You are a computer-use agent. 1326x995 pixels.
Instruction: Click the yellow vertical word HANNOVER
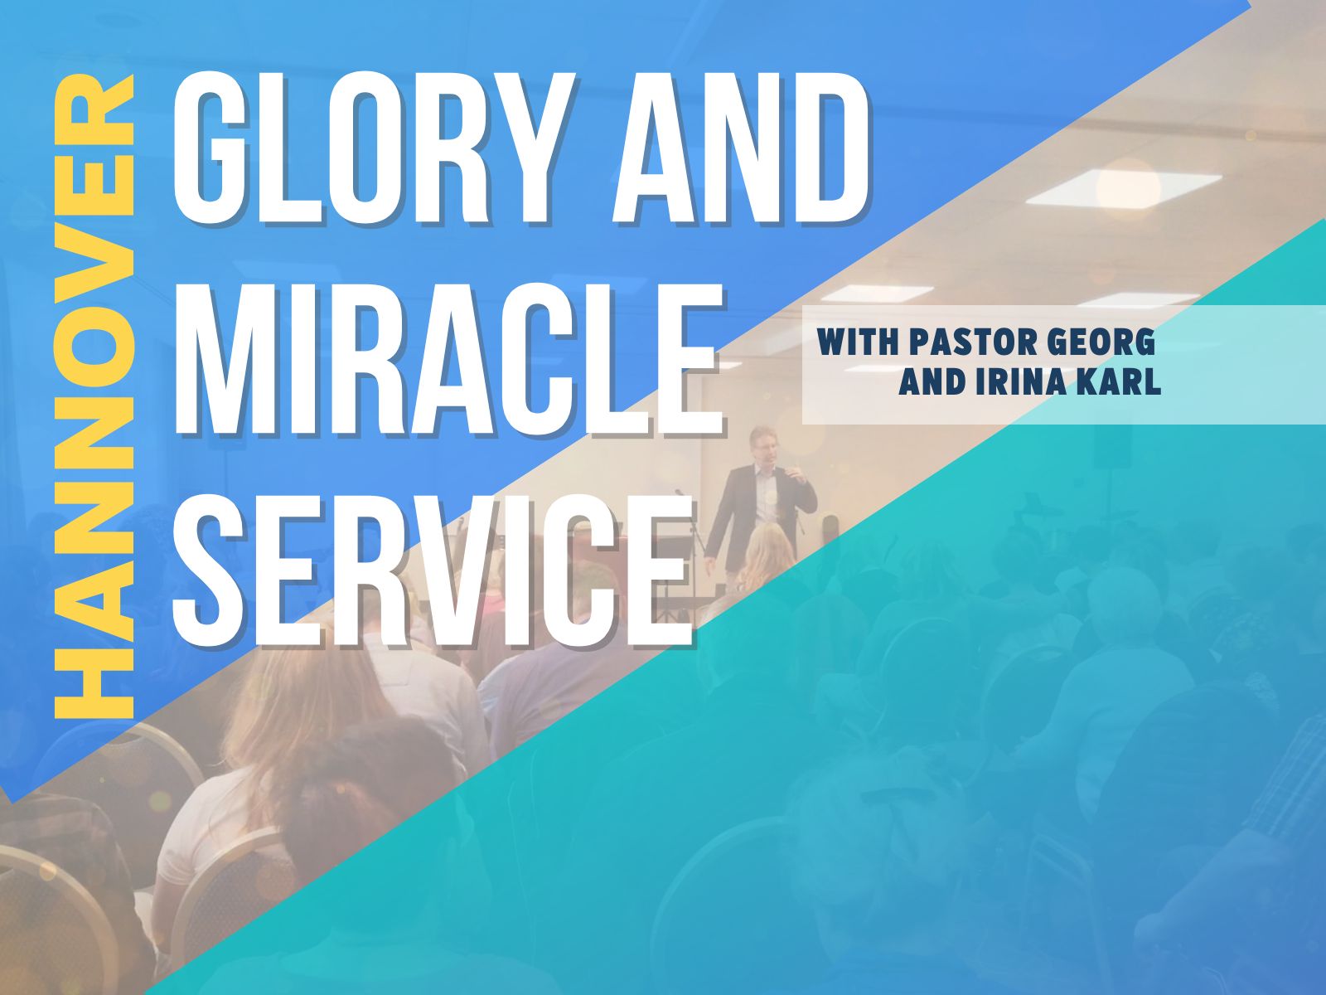tap(94, 396)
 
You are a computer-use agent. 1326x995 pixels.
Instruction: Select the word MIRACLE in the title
tap(447, 359)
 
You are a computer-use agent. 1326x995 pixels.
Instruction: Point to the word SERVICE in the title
tap(431, 570)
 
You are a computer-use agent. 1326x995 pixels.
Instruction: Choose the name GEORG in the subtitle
tap(1101, 342)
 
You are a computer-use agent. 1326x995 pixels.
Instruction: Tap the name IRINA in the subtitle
tap(1021, 381)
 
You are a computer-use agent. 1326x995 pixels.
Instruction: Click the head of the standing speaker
tap(762, 445)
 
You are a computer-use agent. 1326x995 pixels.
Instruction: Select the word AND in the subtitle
tap(932, 381)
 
